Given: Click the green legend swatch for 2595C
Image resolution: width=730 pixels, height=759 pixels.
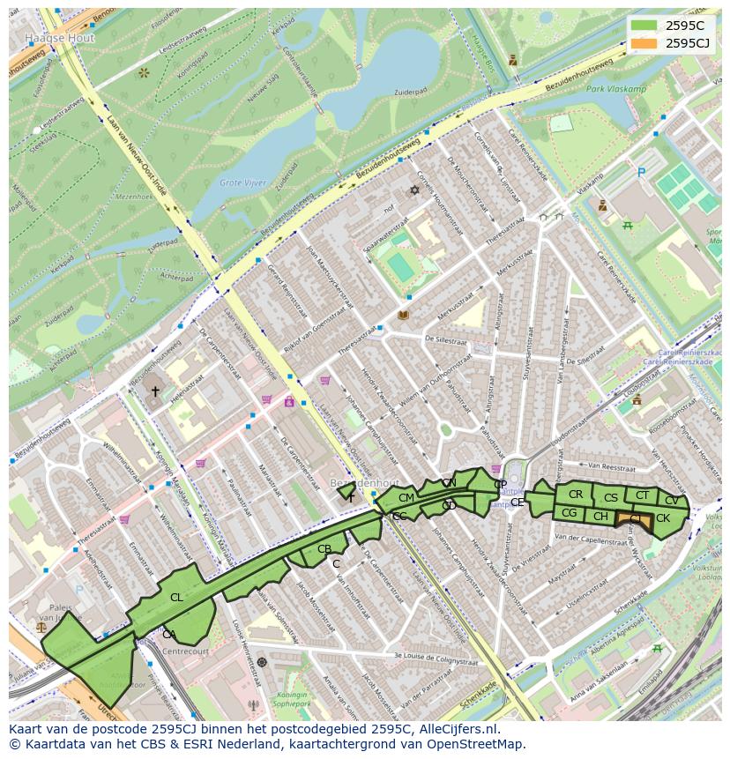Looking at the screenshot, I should tap(644, 26).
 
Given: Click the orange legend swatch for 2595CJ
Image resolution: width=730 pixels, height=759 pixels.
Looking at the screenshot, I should tap(644, 43).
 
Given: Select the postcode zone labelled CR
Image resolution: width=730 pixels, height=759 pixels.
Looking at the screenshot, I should tap(576, 495).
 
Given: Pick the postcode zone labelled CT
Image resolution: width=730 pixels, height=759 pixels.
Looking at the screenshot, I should tap(642, 495).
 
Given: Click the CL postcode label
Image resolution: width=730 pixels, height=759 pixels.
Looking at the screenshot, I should tap(176, 598).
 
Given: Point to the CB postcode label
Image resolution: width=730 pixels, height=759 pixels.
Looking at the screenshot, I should tap(324, 549).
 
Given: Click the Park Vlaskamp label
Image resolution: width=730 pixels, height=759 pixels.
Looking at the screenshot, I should tap(616, 89).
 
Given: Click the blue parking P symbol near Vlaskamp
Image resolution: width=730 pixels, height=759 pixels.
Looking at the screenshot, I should tap(641, 173).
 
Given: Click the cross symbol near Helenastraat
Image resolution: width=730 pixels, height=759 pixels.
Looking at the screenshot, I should tap(155, 391).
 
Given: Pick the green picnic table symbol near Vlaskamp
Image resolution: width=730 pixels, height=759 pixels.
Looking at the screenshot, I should tap(629, 226).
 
